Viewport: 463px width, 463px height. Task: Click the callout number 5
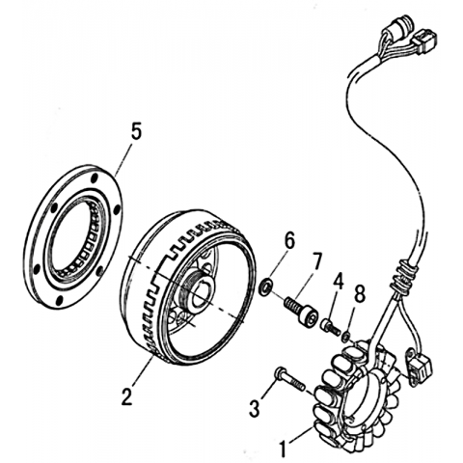point(136,132)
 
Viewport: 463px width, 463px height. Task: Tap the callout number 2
point(127,396)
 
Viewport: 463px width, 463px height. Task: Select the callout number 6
point(289,241)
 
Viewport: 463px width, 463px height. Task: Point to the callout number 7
point(316,261)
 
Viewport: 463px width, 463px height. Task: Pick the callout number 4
point(338,281)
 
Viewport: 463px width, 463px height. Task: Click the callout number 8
point(359,294)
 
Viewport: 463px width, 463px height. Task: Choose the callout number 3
point(255,408)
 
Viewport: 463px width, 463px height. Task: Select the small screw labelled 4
point(330,327)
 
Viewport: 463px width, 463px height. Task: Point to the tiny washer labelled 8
point(345,337)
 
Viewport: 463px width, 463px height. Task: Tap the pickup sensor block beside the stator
point(419,366)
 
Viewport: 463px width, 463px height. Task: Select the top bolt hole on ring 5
point(94,178)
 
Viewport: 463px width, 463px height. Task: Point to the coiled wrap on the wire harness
point(402,277)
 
